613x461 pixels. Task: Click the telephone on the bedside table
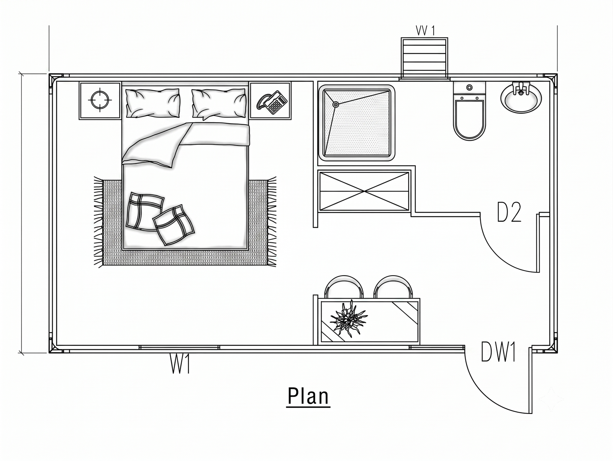272,102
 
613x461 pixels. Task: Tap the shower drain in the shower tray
336,105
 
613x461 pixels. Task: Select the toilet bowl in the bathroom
469,120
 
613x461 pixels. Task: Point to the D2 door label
510,213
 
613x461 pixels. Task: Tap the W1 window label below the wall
180,364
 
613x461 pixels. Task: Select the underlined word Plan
308,396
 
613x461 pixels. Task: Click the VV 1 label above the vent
425,30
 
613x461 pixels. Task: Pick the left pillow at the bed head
152,103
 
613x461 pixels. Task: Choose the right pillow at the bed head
219,103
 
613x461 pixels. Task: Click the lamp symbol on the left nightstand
100,100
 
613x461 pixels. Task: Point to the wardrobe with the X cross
364,191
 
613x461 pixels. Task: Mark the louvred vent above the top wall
425,58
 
